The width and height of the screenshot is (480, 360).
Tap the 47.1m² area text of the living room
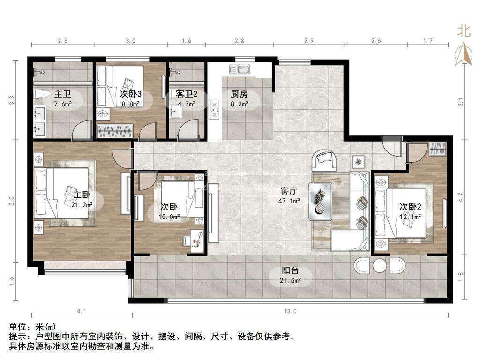pos(291,200)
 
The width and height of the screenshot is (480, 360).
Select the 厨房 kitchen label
pos(239,93)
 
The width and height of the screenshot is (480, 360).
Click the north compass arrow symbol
pos(464,53)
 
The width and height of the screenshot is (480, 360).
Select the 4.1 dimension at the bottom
pos(82,311)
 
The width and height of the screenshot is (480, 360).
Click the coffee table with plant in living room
pos(321,201)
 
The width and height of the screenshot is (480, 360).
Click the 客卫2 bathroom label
pos(187,93)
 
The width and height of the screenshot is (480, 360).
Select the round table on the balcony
pos(380,265)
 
